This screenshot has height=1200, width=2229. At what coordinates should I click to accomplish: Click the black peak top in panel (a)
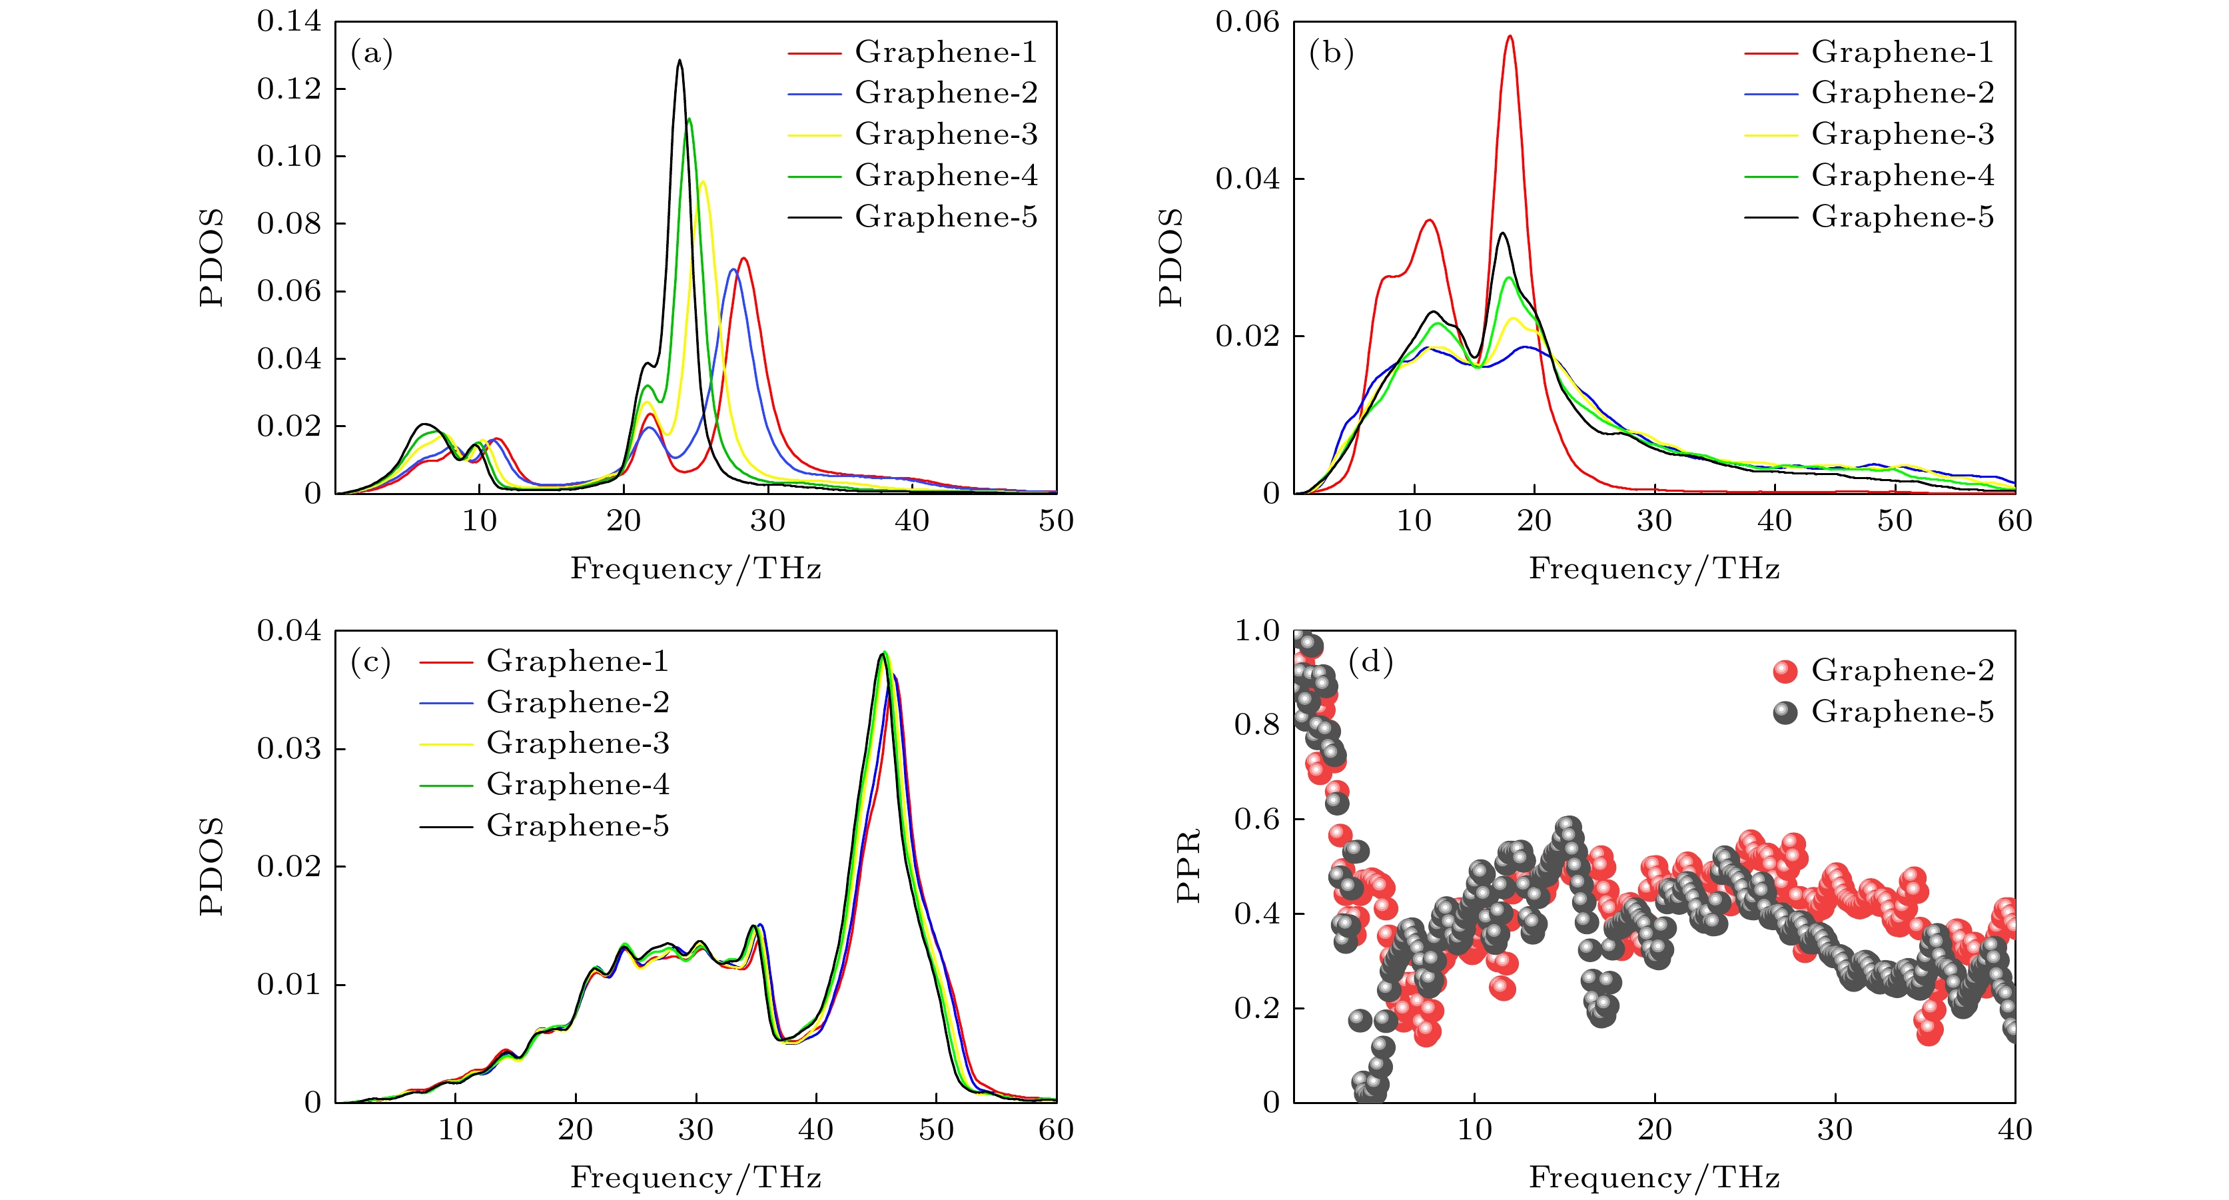tap(679, 61)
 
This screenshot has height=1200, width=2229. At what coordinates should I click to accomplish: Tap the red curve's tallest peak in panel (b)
tap(1510, 37)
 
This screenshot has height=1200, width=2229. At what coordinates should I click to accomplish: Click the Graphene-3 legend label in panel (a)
tap(946, 134)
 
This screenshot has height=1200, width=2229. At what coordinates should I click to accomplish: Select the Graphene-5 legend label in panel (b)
tap(1902, 217)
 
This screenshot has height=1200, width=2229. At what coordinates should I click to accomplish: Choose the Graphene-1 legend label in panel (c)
tap(577, 661)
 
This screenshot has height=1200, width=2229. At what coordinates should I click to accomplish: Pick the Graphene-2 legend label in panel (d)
tap(1902, 670)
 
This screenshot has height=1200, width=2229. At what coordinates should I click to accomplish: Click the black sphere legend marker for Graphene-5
tap(1785, 712)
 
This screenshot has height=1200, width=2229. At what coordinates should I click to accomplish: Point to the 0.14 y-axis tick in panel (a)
tap(289, 21)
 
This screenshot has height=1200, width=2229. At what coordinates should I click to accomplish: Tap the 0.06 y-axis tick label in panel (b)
tap(1247, 21)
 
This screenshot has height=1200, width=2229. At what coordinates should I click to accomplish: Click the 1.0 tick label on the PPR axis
tap(1256, 631)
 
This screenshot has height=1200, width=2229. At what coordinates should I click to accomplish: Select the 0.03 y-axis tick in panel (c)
tap(289, 748)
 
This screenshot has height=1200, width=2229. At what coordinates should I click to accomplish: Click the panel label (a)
tap(371, 54)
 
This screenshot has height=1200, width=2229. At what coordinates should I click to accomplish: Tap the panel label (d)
tap(1370, 663)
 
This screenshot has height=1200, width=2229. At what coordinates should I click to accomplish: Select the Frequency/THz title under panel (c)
tap(695, 1177)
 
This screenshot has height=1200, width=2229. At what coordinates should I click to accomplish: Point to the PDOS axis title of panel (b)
tap(1170, 257)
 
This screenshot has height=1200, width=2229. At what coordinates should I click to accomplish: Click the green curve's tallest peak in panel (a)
tap(689, 119)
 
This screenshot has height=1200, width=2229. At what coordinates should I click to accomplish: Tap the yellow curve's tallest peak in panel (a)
tap(703, 182)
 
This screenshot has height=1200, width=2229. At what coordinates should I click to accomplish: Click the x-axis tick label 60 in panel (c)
tap(1056, 1129)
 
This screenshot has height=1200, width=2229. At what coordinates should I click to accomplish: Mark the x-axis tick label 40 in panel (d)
tap(2014, 1129)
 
